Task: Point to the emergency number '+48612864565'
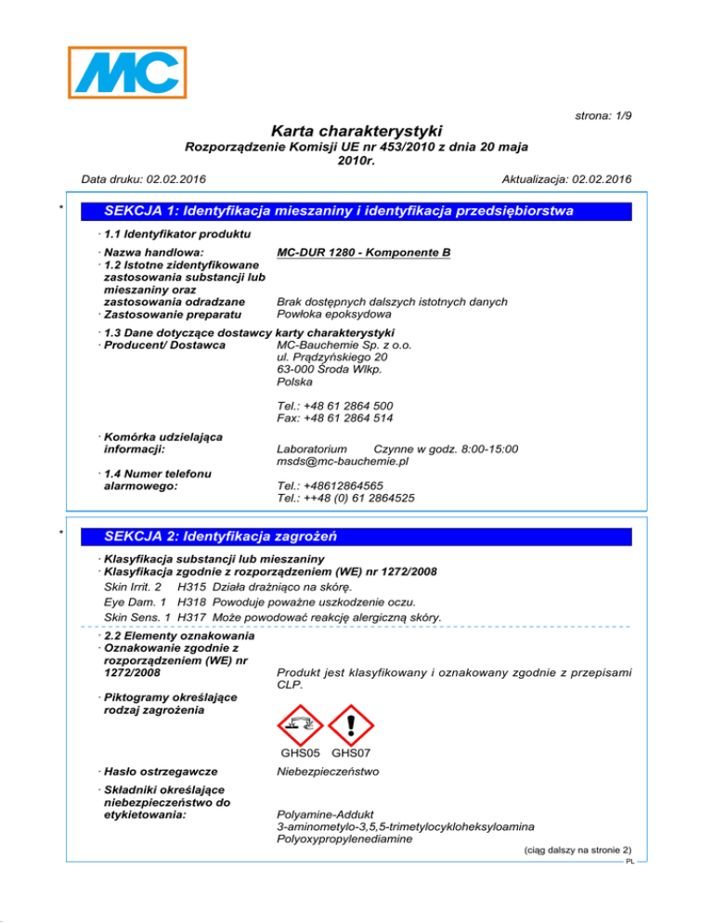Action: coord(344,485)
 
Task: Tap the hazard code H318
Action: coord(191,600)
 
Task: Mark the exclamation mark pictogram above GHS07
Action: coord(350,721)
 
